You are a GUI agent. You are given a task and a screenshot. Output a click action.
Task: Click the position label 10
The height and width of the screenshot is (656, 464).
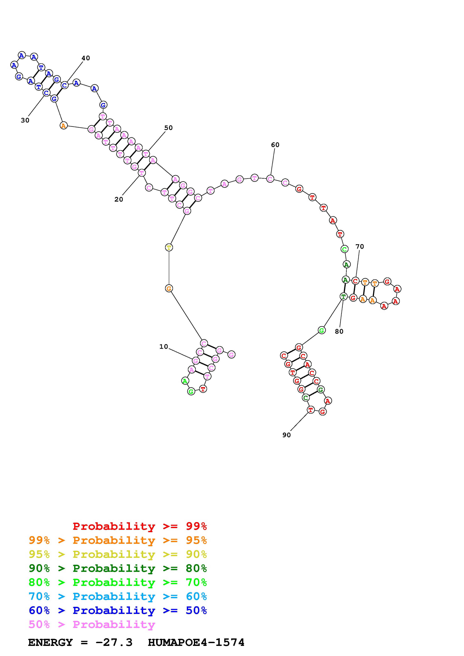(164, 347)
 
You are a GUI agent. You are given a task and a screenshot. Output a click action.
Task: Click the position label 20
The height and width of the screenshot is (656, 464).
(119, 199)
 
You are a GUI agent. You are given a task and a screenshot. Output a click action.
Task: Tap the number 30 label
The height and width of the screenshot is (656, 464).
(25, 120)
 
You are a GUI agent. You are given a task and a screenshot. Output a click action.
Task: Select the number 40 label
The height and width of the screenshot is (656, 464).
(86, 58)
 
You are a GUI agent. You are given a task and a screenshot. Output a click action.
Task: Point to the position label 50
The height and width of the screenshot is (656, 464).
(168, 128)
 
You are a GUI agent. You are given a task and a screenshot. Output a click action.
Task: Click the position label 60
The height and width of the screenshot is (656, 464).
(275, 145)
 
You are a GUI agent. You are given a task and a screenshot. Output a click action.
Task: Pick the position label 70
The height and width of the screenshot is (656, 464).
(360, 246)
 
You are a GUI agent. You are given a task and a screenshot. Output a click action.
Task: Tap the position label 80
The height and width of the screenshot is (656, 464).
(339, 331)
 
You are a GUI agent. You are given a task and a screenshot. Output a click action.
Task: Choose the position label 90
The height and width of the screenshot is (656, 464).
(286, 435)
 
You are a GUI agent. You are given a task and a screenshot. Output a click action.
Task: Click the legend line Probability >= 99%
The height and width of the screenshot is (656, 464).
(140, 526)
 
